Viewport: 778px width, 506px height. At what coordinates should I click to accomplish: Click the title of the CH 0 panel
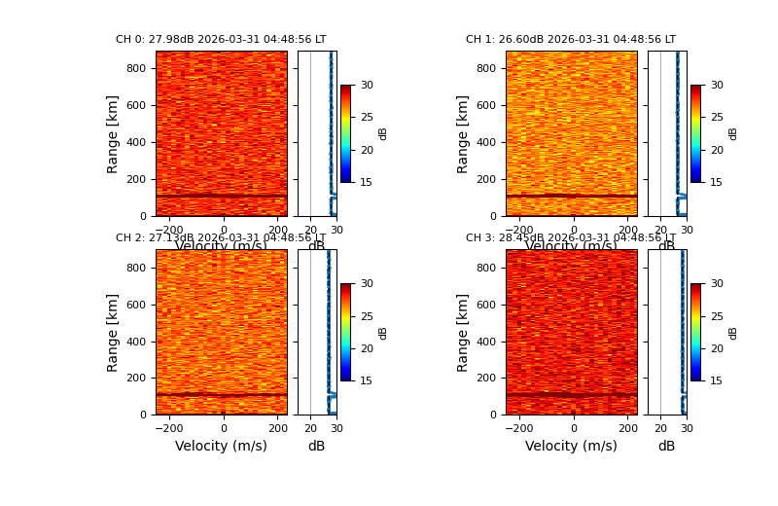221,40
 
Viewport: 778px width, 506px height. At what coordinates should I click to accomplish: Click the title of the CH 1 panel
571,40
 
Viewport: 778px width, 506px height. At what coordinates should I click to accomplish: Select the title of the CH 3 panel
571,238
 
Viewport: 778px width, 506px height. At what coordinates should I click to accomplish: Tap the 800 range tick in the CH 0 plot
136,69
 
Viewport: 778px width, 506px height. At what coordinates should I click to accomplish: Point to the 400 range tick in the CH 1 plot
486,142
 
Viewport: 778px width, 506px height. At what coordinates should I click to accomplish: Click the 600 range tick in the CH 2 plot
136,305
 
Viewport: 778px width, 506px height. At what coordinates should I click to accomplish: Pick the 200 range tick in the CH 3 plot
486,379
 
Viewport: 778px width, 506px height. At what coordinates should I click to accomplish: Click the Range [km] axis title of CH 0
114,133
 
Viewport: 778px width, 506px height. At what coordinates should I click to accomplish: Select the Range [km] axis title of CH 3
464,332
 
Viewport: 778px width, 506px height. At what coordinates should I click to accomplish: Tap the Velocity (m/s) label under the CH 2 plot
221,447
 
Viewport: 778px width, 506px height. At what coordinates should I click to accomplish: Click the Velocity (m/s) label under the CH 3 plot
571,447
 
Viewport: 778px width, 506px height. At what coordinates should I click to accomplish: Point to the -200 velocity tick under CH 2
169,428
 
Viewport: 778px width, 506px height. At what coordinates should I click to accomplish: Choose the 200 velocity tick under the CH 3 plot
627,428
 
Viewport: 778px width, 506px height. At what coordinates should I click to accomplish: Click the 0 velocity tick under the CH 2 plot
224,428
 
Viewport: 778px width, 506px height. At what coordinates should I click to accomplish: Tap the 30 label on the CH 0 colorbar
367,86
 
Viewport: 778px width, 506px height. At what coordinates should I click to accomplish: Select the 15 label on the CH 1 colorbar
717,182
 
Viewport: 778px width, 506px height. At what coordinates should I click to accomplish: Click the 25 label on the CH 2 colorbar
367,316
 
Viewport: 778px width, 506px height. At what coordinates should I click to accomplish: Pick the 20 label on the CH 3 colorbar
717,348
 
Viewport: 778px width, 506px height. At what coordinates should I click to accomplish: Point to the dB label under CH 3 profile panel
666,447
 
